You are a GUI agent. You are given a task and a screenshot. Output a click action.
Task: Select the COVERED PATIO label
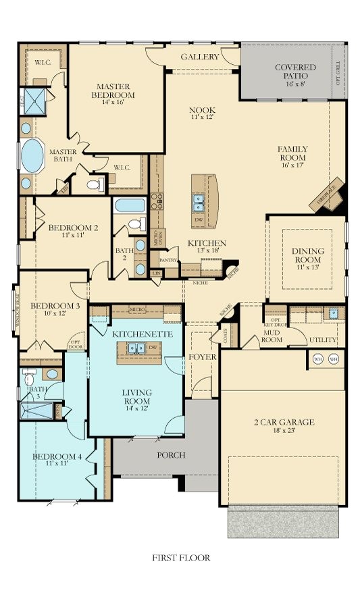coord(294,72)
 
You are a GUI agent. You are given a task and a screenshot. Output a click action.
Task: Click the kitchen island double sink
coord(200,201)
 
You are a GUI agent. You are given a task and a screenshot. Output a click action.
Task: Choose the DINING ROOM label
coord(308,256)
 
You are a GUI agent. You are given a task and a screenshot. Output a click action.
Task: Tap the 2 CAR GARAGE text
coord(284,423)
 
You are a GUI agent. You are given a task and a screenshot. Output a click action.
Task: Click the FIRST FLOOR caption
coord(180,558)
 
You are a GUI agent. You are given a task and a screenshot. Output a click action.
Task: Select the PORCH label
coord(172,454)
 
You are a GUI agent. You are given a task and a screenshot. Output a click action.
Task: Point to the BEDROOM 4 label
coord(57,457)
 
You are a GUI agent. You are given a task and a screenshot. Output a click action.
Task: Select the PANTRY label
coord(168,259)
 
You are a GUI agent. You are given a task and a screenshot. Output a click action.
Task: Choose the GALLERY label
coord(200,57)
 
